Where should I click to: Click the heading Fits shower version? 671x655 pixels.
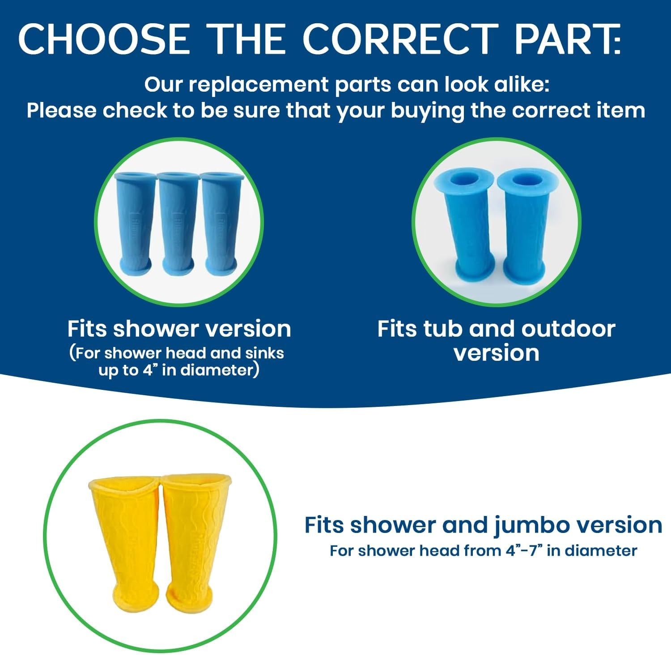pos(179,329)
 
